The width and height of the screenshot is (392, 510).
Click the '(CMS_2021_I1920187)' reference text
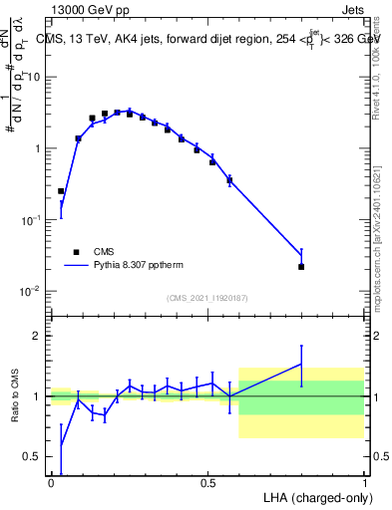coord(207,298)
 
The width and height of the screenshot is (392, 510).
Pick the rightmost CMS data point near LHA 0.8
coord(301,266)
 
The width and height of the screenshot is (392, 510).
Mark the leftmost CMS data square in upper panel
coord(61,190)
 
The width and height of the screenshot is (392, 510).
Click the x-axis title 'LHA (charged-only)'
coord(314,496)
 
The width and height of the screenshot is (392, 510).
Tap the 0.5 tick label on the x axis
coord(207,482)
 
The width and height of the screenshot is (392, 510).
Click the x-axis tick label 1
coord(364,482)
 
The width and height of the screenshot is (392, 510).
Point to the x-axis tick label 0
coord(51,482)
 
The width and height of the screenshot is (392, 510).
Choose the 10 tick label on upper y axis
coord(33,77)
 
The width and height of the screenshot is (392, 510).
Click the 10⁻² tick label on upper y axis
coord(31,291)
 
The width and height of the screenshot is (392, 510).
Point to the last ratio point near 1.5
coord(301,365)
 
